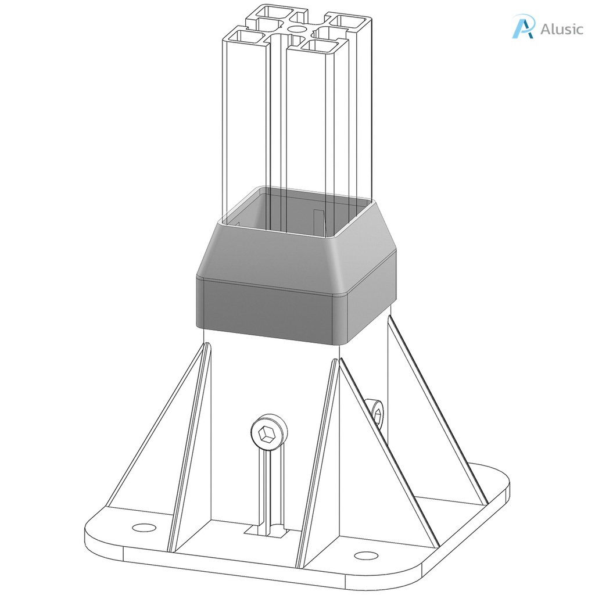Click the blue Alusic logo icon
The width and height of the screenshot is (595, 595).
(x=522, y=27)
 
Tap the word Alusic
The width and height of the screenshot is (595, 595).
(x=561, y=29)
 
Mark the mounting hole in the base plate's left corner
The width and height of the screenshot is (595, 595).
(x=144, y=527)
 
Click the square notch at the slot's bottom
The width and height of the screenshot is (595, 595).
(x=267, y=530)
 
